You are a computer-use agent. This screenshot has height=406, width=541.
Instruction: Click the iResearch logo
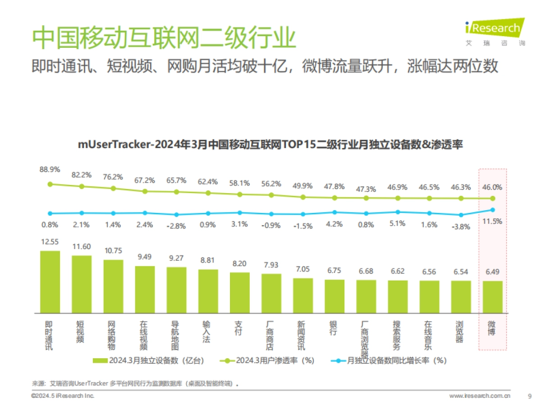click(x=495, y=32)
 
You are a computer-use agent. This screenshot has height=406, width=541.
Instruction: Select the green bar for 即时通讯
click(x=50, y=281)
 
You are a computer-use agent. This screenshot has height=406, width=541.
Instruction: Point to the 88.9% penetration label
click(x=50, y=170)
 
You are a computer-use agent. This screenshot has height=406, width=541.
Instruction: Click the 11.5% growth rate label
click(x=492, y=221)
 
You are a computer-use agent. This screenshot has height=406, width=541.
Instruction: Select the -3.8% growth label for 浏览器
click(x=460, y=226)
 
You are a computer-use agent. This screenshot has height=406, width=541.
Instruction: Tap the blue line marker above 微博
click(x=492, y=210)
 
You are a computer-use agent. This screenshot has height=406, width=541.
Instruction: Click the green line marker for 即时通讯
click(x=50, y=184)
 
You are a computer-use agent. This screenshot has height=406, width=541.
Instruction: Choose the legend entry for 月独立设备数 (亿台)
click(x=149, y=360)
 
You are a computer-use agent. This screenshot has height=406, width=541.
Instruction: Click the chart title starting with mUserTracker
click(x=270, y=145)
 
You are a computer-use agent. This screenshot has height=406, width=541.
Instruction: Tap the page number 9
click(x=529, y=396)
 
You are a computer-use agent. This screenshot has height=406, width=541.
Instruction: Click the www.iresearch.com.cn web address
click(x=480, y=396)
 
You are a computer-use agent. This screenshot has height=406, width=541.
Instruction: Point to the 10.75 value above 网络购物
click(x=113, y=251)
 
